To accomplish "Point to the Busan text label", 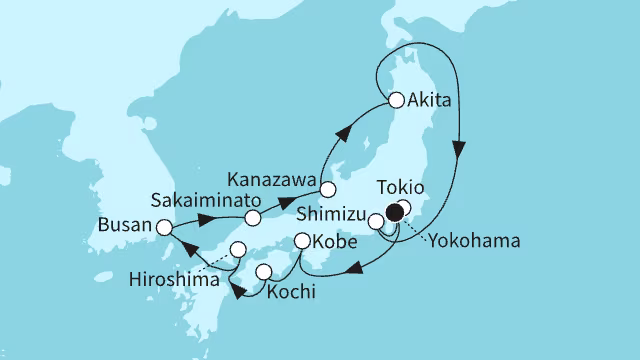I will (x=126, y=227).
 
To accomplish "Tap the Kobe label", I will (x=339, y=243).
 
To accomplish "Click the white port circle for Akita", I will (x=396, y=100).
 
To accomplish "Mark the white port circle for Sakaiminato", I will (x=254, y=217).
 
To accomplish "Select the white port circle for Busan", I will (x=164, y=227).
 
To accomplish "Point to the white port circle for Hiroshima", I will (x=238, y=249).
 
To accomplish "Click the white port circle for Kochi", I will (x=264, y=272).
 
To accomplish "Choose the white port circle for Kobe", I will (x=304, y=241).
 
